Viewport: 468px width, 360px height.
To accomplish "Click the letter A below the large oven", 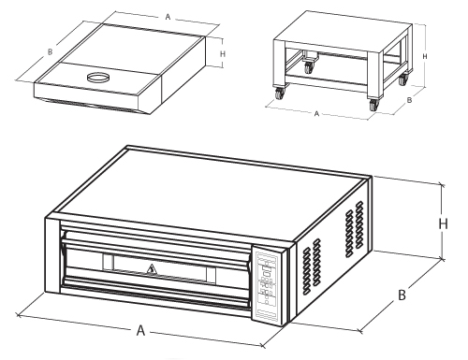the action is coord(141,330).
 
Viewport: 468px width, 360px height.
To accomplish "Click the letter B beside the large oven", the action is coord(402,295).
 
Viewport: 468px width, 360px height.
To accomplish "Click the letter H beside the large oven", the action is coord(444,223).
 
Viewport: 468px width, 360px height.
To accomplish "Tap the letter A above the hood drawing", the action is coord(168,17).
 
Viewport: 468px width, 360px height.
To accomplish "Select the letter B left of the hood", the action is coord(50,52).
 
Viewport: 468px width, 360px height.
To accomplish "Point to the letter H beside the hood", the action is coord(223,54).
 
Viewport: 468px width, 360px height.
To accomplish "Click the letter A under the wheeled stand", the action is coord(316,114).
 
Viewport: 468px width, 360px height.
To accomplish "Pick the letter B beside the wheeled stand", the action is coord(410,100).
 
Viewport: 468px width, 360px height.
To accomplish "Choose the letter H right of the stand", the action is coord(425,56).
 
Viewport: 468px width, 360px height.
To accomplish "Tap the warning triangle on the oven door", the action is coord(152,269).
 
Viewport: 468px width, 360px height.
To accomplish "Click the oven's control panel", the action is coord(267,285).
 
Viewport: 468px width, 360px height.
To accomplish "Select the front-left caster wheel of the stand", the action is coord(279,94).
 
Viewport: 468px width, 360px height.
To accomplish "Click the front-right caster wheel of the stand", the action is coord(373,105).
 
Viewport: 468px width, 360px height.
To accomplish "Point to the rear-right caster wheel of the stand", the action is coord(402,79).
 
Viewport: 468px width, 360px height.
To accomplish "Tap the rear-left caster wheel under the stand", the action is coord(309,67).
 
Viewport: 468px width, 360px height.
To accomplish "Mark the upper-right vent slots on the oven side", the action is coord(355,228).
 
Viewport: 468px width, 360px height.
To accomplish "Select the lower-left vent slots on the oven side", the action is coord(312,266).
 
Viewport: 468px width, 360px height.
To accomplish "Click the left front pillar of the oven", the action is coord(52,254).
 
